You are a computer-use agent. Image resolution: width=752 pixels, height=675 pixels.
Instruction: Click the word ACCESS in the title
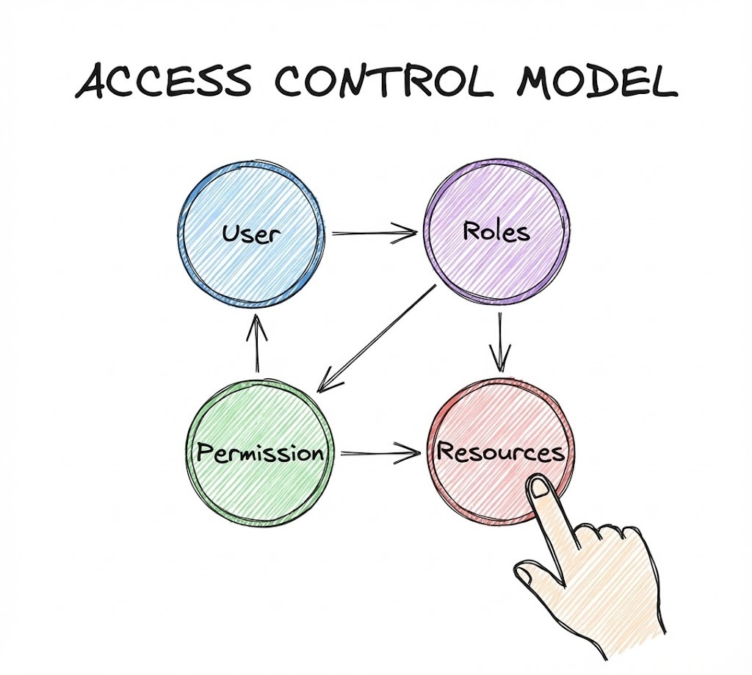point(165,82)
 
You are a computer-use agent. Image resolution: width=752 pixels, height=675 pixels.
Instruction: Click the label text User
point(251,235)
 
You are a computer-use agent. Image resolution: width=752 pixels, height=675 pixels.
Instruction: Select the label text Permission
point(261,452)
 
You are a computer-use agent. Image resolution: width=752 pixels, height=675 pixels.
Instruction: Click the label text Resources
point(501,452)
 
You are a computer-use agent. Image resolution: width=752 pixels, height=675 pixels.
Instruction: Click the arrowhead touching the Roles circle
point(408,234)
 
